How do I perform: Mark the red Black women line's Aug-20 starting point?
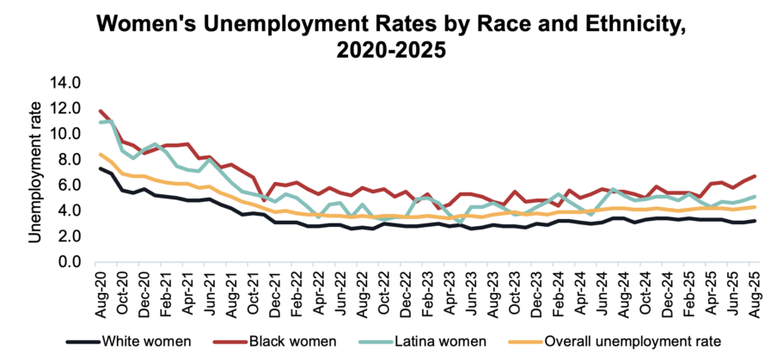(x=102, y=111)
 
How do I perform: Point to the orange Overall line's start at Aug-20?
(x=102, y=155)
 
